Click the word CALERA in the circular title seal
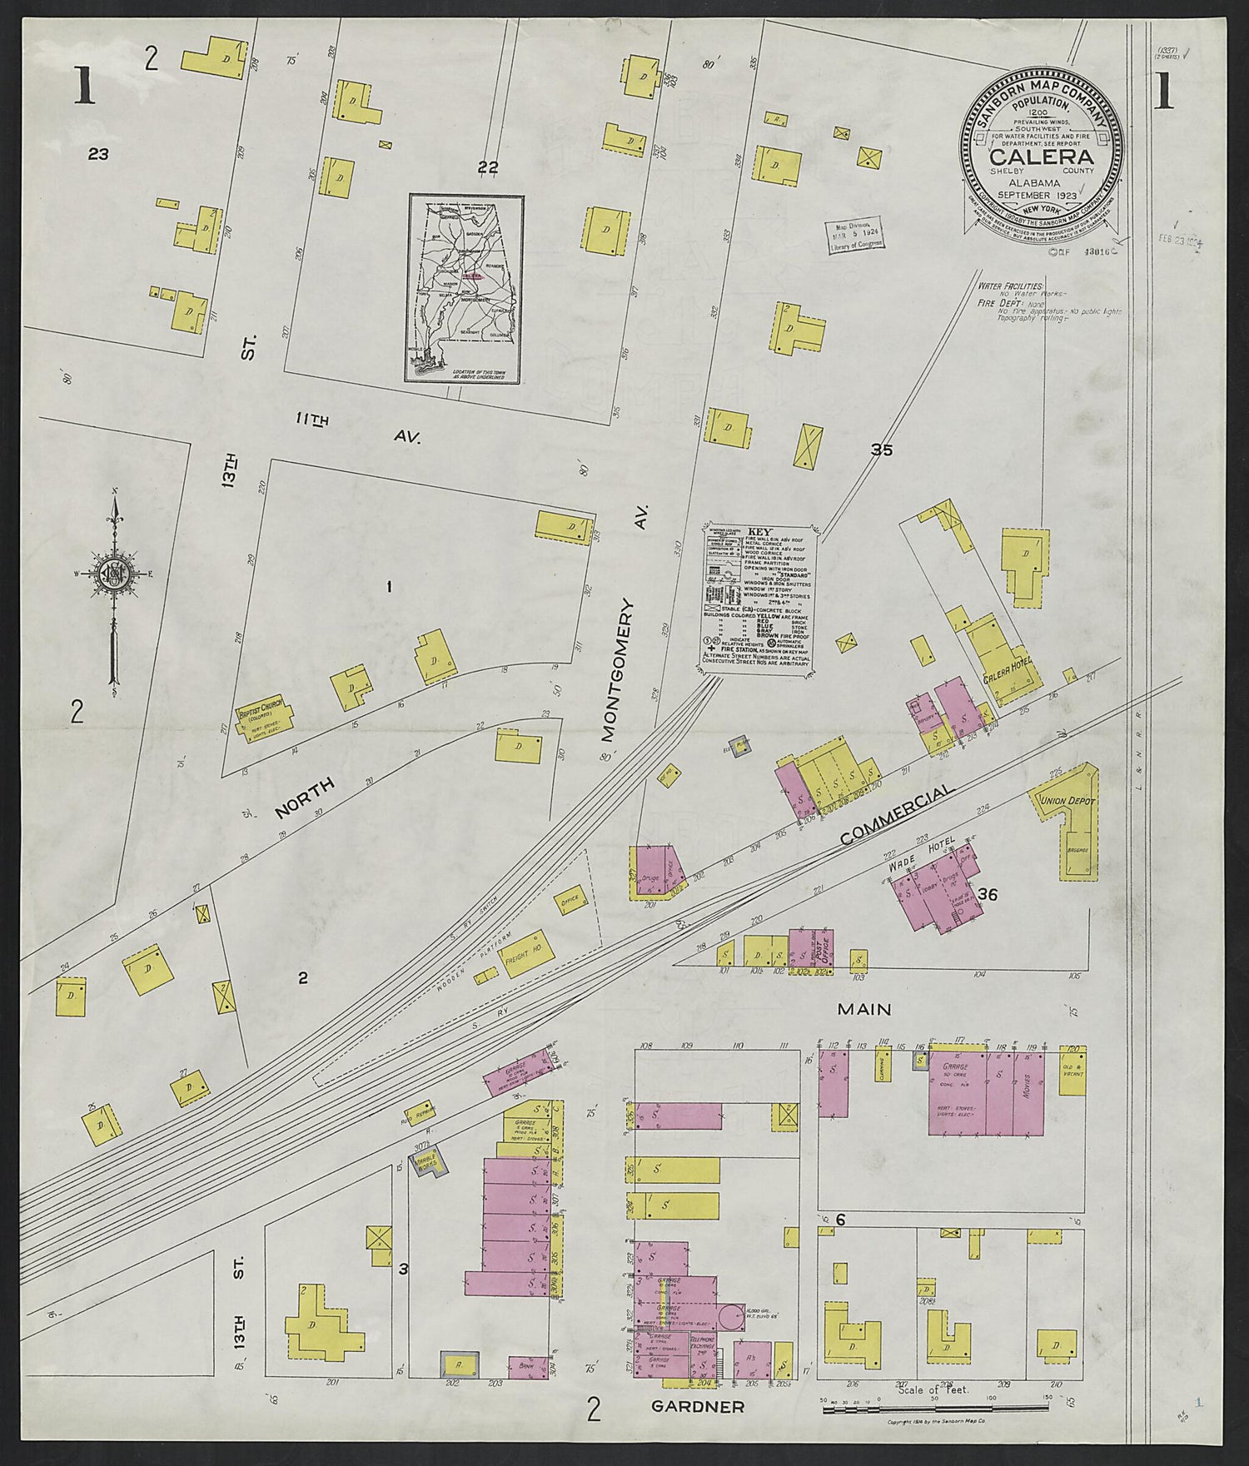[1041, 157]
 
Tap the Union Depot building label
[1065, 800]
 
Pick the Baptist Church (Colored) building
[264, 716]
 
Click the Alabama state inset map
[465, 289]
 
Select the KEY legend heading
[759, 531]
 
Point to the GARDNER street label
[697, 1407]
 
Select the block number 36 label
[988, 894]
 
